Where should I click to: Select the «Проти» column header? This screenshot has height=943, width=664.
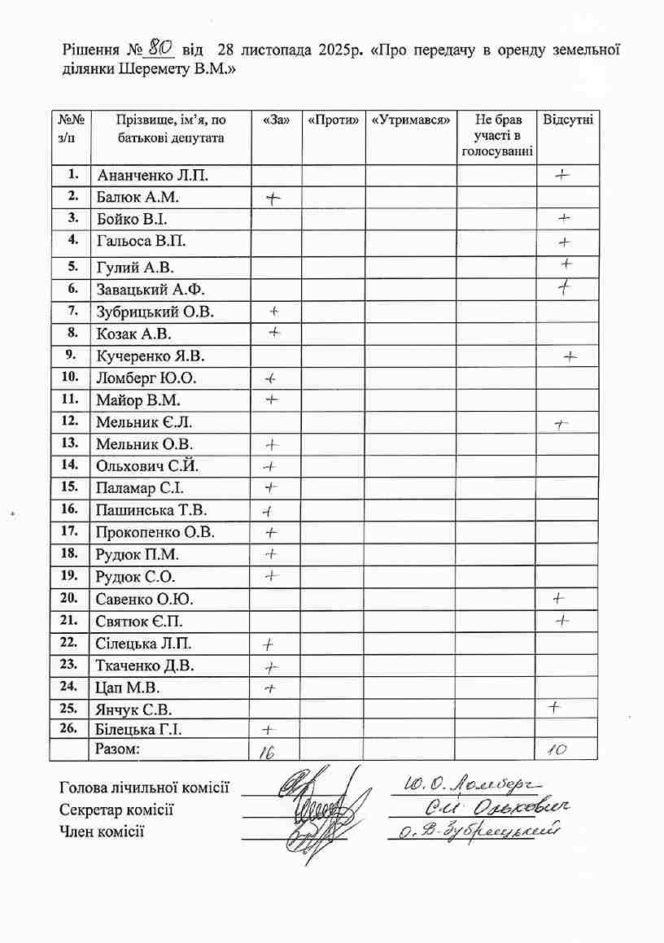(334, 120)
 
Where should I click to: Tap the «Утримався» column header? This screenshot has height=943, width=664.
(410, 120)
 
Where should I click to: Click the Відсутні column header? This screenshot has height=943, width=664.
(567, 120)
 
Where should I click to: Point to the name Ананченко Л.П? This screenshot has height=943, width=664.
(152, 176)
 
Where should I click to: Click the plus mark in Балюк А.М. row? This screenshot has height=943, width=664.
(273, 198)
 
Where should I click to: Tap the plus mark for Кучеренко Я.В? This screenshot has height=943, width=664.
(570, 356)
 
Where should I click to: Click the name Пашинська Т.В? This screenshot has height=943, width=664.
(151, 510)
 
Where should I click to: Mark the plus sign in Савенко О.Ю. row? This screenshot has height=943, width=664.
(558, 598)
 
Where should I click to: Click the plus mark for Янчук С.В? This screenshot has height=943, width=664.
(555, 707)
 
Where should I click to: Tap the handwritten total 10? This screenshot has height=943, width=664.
(557, 750)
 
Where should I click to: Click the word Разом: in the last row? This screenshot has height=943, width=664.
(118, 749)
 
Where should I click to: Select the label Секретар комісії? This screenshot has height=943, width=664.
(116, 810)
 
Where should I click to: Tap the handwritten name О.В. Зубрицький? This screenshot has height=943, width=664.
(477, 831)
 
